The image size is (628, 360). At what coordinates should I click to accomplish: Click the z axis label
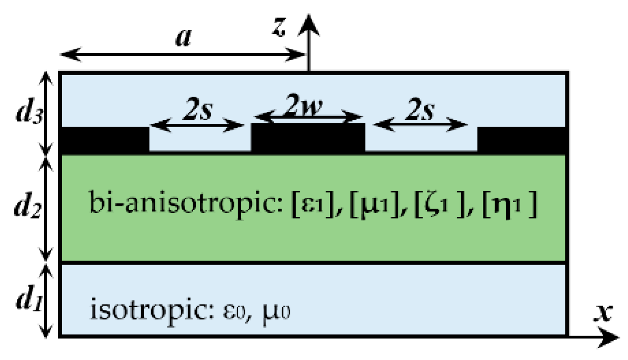point(279,27)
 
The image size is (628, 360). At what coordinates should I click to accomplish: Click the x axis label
point(603,312)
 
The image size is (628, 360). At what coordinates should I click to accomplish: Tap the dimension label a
point(183,37)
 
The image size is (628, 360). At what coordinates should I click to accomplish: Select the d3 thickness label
point(29,113)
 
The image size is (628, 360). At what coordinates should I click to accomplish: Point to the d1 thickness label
point(29,300)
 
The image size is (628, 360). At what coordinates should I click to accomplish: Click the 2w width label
point(304,106)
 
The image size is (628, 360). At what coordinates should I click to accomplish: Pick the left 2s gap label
point(197,111)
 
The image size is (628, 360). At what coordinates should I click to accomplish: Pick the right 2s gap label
point(420,111)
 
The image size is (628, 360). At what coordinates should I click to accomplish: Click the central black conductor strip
point(308,137)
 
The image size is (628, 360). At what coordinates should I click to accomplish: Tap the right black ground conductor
point(522,140)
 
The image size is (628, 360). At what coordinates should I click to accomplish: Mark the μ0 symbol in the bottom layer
point(276,312)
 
